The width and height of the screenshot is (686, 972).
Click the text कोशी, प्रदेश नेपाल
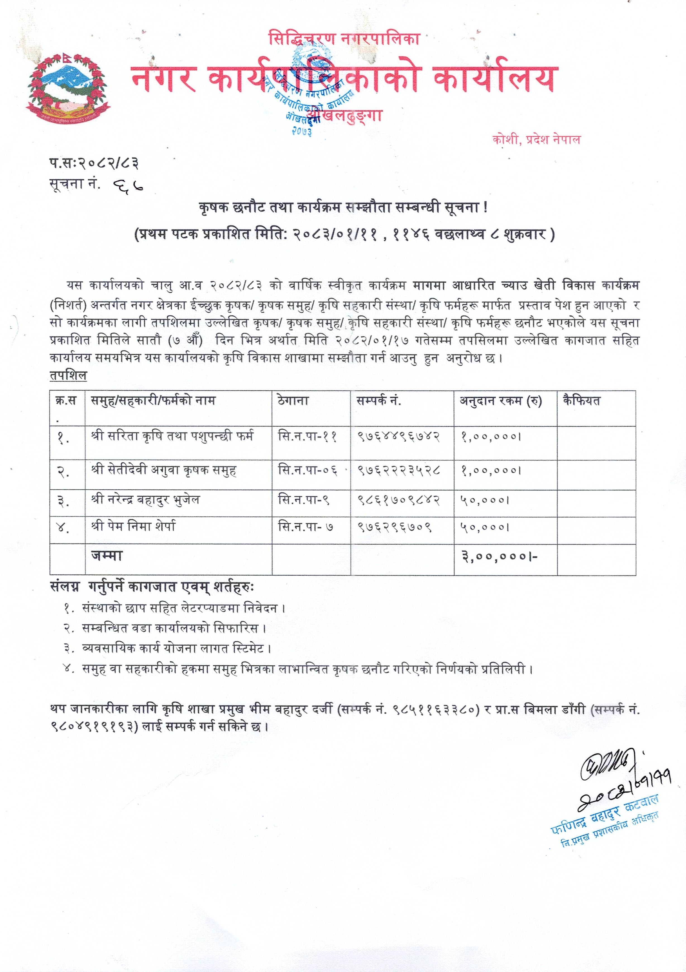click(536, 140)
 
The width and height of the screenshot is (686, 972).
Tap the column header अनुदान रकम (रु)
click(501, 400)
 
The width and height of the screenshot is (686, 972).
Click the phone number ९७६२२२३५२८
click(399, 471)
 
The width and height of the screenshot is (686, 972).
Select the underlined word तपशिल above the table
click(68, 376)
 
